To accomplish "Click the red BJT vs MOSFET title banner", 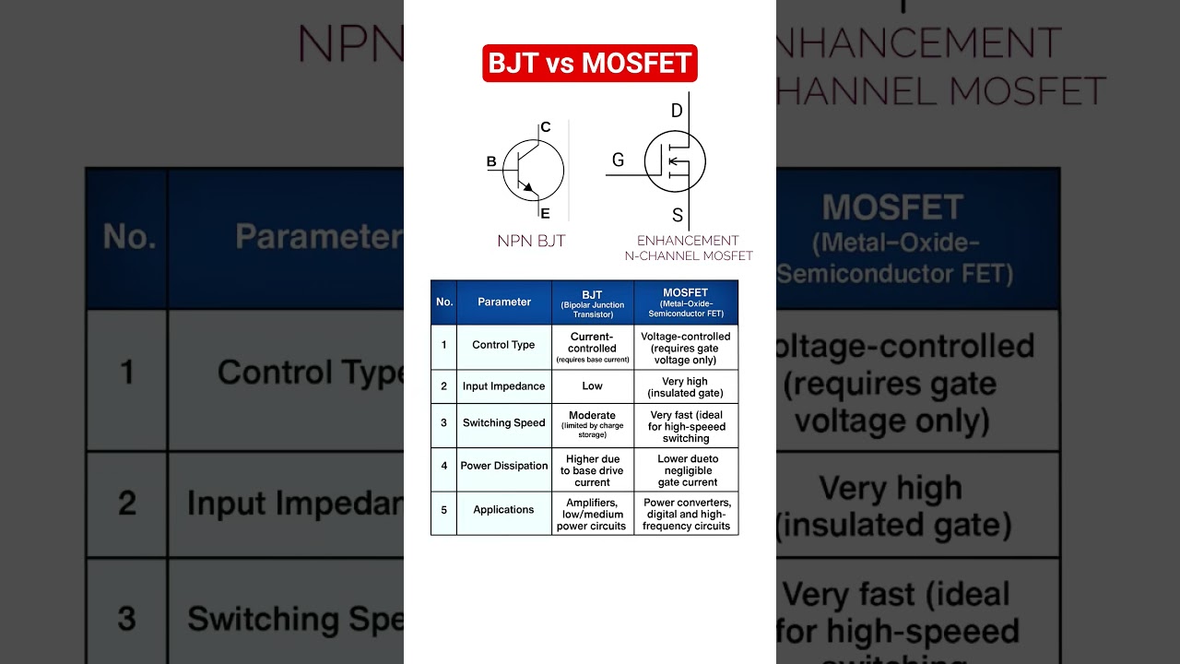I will tap(590, 63).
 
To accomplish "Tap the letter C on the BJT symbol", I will tap(546, 127).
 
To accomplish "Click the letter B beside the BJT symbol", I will tap(491, 162).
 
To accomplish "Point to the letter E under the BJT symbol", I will tap(545, 214).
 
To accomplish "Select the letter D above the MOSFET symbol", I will tap(677, 112).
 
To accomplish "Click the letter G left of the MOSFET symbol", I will tap(618, 160).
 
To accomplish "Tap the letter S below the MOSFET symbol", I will tap(678, 216).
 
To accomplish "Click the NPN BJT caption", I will tap(531, 242).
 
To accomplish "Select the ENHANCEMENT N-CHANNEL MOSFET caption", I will tap(689, 248).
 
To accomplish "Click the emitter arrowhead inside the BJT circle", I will tap(527, 188).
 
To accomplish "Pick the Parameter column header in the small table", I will tap(504, 302).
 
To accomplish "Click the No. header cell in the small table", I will tap(444, 302).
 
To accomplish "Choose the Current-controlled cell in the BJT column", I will tap(592, 347).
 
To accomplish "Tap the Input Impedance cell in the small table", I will tap(503, 386).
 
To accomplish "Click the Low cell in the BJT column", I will tap(592, 386).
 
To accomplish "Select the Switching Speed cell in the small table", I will tap(503, 423).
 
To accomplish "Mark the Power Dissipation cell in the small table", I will tap(503, 466).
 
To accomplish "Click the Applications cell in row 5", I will tap(503, 510).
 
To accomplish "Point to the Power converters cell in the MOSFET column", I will tap(687, 514).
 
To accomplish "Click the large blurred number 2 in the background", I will tap(126, 504).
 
